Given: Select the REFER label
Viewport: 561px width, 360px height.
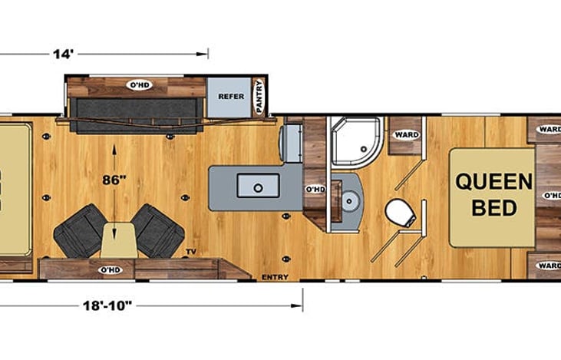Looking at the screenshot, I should (x=231, y=97).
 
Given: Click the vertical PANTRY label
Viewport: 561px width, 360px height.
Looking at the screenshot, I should (x=259, y=98).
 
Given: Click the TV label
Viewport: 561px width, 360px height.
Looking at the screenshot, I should (x=190, y=252).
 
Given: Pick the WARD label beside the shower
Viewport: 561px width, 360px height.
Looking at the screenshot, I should (x=405, y=135).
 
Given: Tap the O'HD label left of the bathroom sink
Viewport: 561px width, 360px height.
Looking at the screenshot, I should (x=314, y=189).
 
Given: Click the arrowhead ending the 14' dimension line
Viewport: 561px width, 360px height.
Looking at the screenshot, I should (x=205, y=54).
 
